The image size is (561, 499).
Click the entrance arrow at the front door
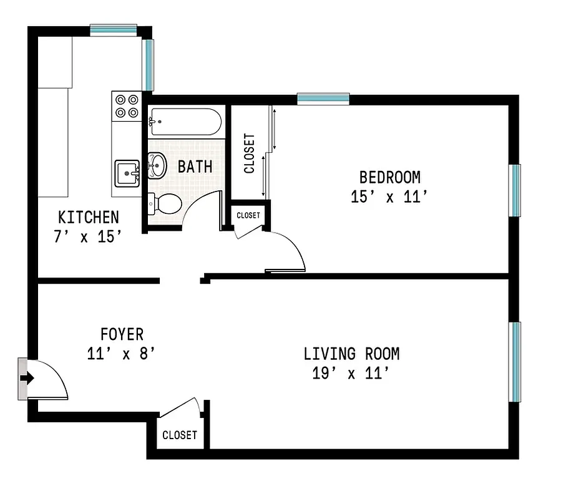pyautogui.click(x=26, y=378)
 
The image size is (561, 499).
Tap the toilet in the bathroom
pyautogui.click(x=165, y=203)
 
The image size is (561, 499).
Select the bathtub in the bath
pyautogui.click(x=185, y=122)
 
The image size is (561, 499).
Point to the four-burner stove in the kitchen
pyautogui.click(x=127, y=105)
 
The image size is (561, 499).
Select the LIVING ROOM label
pyautogui.click(x=351, y=354)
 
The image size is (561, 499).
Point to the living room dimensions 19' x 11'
pyautogui.click(x=351, y=374)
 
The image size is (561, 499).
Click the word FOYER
pyautogui.click(x=122, y=334)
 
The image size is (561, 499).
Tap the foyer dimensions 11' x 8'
pyautogui.click(x=121, y=354)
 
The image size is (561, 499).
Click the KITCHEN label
pyautogui.click(x=88, y=217)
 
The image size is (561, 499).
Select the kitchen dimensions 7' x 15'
pyautogui.click(x=88, y=237)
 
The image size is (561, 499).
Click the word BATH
pyautogui.click(x=195, y=167)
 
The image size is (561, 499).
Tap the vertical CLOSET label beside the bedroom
pyautogui.click(x=249, y=153)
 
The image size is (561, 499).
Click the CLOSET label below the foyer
pyautogui.click(x=180, y=435)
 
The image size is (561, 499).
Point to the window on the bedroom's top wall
pyautogui.click(x=323, y=98)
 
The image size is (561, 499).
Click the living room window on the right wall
pyautogui.click(x=515, y=362)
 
